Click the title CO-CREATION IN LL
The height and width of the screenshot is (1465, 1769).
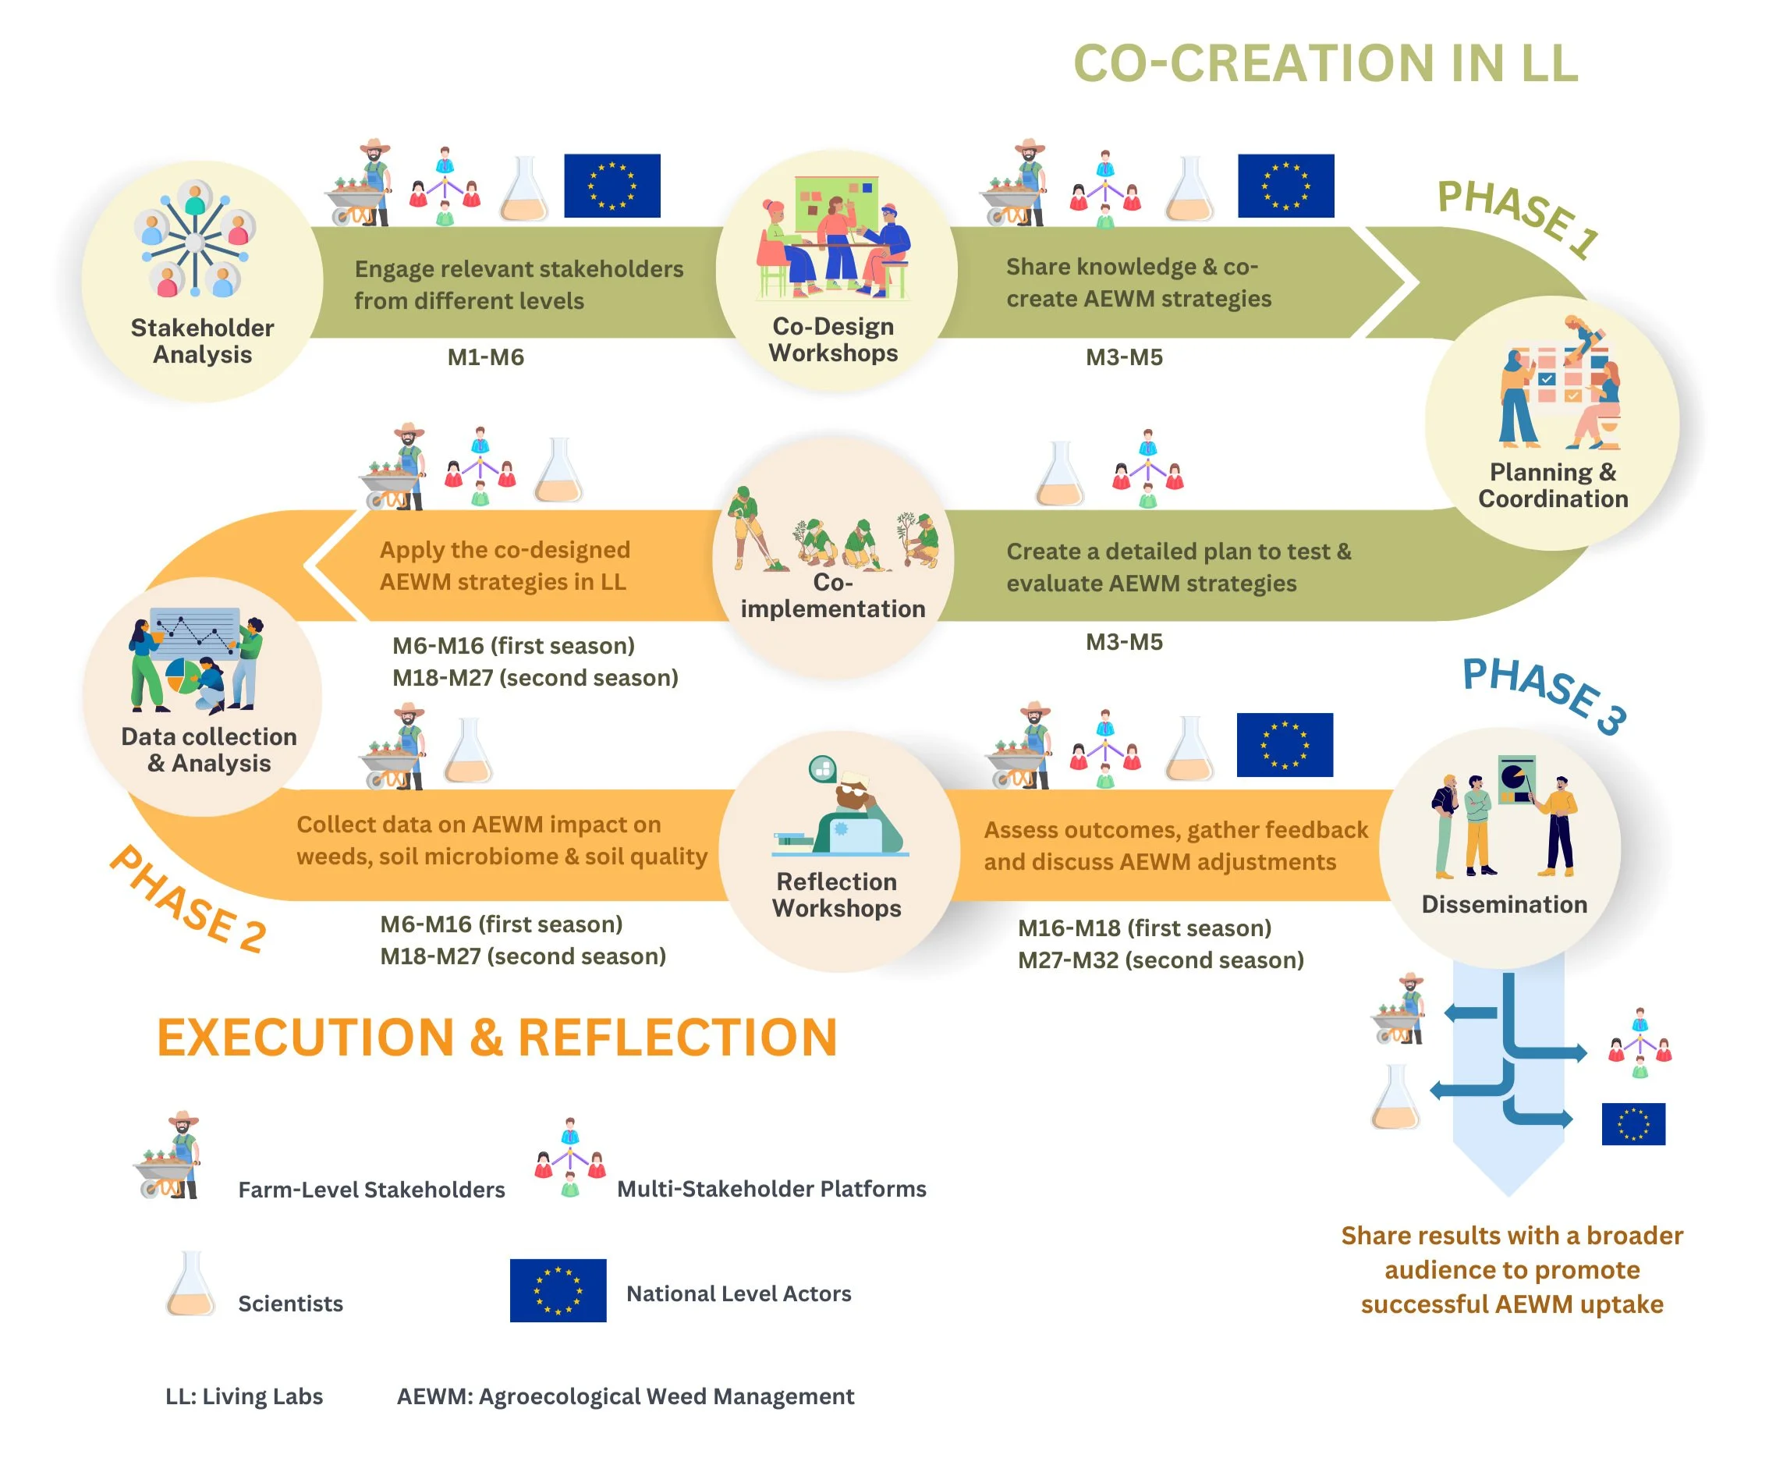tap(1325, 64)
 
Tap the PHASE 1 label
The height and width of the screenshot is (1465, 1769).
tap(1517, 218)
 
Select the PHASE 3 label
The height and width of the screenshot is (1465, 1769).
tap(1544, 694)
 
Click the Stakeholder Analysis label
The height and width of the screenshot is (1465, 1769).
tap(202, 340)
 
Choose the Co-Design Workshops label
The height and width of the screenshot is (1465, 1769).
tap(833, 339)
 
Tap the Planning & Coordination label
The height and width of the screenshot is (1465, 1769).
tap(1552, 485)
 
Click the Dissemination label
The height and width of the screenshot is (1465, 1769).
tap(1504, 904)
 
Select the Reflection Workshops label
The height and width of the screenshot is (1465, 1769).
tap(836, 895)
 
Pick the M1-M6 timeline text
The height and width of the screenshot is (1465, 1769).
tap(485, 357)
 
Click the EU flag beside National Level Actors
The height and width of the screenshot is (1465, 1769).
tap(558, 1289)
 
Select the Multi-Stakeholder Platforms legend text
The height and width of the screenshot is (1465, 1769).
tap(771, 1189)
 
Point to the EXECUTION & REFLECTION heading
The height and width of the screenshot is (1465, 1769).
tap(497, 1037)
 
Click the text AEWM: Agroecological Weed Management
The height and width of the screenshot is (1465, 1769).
tap(625, 1396)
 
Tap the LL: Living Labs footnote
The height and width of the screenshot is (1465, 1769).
tap(244, 1396)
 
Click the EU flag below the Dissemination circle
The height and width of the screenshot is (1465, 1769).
tap(1633, 1124)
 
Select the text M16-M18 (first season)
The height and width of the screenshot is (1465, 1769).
tap(1144, 928)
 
